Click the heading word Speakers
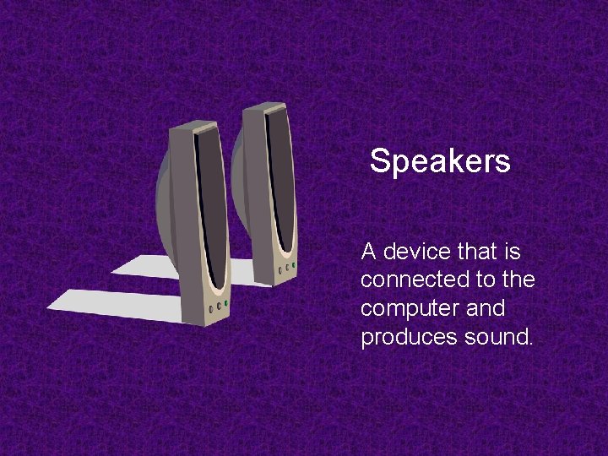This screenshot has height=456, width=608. (x=440, y=160)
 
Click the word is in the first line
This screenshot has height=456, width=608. (x=513, y=252)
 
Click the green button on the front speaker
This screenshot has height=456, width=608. (x=226, y=304)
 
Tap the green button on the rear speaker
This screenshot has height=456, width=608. (x=295, y=265)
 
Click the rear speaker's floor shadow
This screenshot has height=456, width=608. (x=152, y=265)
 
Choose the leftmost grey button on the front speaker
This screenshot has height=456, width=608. (x=210, y=308)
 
